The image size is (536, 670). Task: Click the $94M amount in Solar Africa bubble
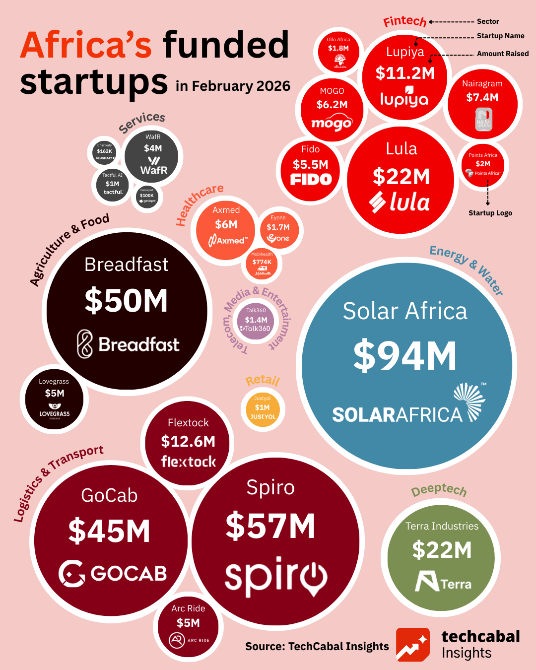(x=405, y=356)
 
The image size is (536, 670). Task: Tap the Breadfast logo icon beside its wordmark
(x=85, y=344)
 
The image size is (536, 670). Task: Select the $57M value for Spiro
(x=270, y=526)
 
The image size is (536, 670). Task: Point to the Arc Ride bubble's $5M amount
(x=188, y=623)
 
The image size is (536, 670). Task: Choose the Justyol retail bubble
(x=263, y=408)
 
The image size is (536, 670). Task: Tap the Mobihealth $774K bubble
(x=262, y=264)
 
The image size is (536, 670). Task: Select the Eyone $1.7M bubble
(x=278, y=228)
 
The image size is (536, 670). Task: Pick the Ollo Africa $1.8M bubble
(x=338, y=52)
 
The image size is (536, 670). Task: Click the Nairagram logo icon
(x=483, y=120)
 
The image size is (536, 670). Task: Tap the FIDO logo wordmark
(x=311, y=179)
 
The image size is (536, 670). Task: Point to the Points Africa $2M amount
(x=483, y=164)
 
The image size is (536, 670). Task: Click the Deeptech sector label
(x=439, y=490)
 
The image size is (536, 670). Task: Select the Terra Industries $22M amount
(x=442, y=550)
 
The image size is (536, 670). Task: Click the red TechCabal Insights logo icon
(x=413, y=644)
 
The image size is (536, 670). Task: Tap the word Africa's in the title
(x=86, y=45)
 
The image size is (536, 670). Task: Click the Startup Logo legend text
(x=490, y=213)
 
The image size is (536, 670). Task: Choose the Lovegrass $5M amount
(x=55, y=393)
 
